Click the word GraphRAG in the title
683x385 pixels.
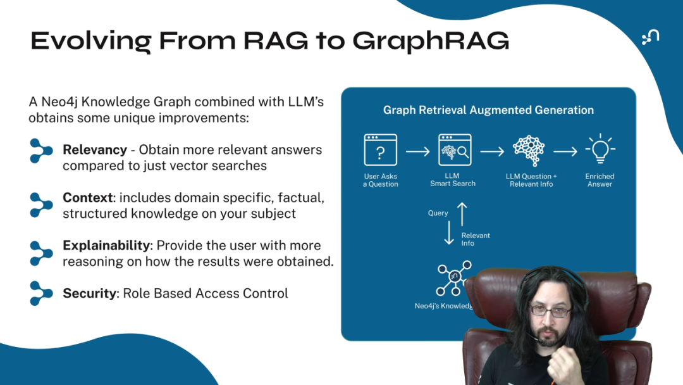[431, 41]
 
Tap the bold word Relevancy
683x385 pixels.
[95, 150]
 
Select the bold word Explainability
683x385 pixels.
[106, 246]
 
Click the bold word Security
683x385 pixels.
[89, 293]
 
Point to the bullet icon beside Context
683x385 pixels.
[41, 205]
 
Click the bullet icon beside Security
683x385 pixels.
[41, 293]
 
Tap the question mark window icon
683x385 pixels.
[380, 149]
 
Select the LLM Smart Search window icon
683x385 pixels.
[454, 149]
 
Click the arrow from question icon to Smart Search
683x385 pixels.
[418, 151]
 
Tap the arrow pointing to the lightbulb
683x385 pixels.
[565, 151]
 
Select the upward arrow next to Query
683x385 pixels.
[462, 215]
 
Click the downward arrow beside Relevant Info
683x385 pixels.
[449, 233]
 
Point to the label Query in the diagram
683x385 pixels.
[438, 213]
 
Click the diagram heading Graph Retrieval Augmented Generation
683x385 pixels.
[488, 110]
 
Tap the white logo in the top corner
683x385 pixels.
[650, 37]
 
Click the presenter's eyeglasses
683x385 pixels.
[550, 311]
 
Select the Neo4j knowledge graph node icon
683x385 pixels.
[454, 278]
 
